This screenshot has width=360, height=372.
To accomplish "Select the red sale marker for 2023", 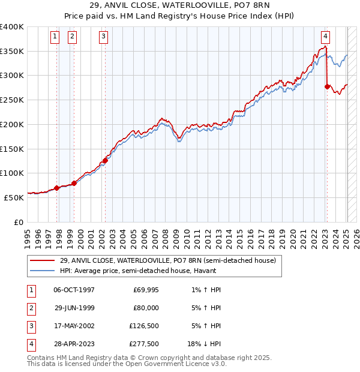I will (x=327, y=86).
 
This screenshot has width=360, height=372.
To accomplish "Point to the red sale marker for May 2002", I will (x=105, y=160).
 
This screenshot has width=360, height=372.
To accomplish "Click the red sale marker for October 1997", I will (x=57, y=188).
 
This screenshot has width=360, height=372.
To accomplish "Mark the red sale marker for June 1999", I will (x=74, y=183).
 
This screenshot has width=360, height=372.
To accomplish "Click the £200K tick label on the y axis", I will (x=12, y=124).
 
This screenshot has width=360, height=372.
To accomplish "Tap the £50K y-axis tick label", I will (x=14, y=197).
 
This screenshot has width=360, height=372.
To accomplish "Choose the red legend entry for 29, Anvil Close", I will (x=167, y=260).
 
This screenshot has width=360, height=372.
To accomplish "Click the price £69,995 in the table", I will (x=145, y=290).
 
